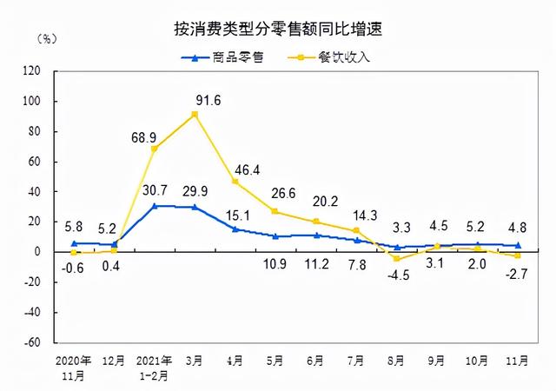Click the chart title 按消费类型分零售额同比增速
click(x=278, y=29)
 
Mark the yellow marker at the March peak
click(x=195, y=115)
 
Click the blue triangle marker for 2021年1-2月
click(x=155, y=206)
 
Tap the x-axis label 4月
click(x=235, y=359)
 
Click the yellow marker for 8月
click(x=396, y=259)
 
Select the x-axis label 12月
click(x=115, y=359)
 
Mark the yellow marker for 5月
click(x=275, y=211)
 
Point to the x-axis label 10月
click(x=477, y=359)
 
